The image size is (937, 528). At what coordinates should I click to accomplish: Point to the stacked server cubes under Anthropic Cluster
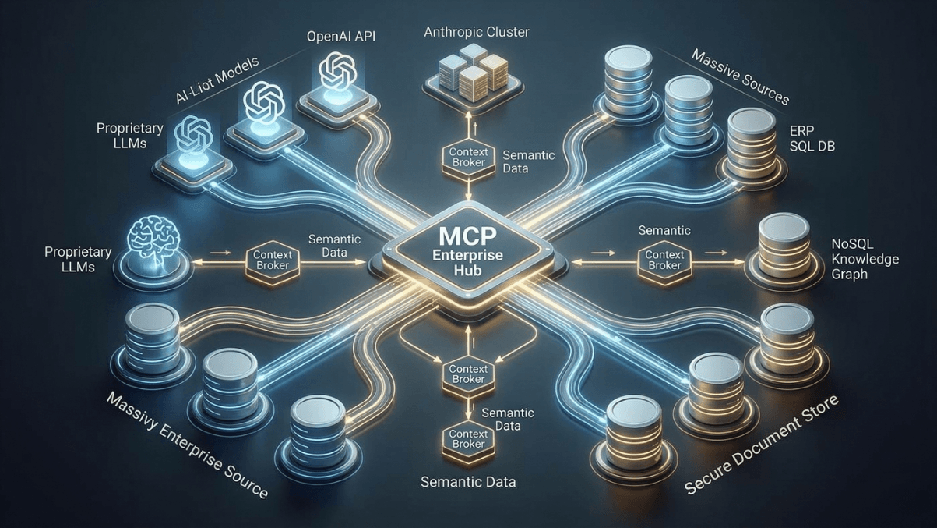click(467, 72)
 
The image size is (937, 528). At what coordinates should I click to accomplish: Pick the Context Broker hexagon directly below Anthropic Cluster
click(465, 156)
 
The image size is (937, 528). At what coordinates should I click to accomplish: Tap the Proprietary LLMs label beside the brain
click(78, 259)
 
